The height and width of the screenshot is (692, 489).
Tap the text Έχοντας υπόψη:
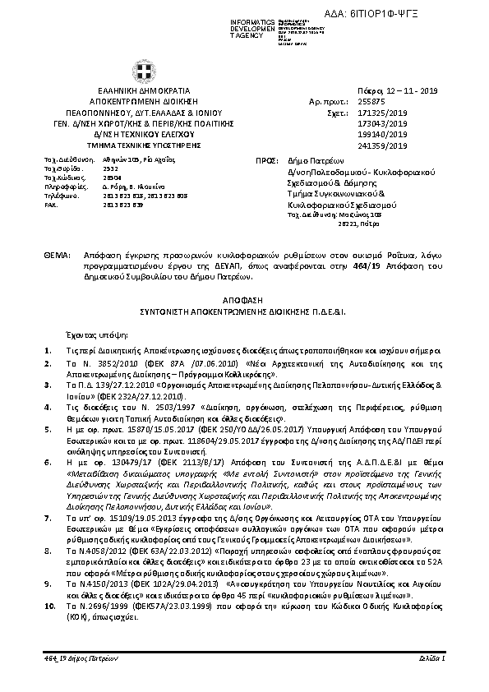pyautogui.click(x=92, y=335)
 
